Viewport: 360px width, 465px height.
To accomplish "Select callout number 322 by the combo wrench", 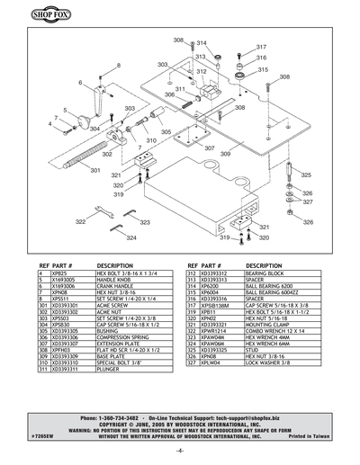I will (x=81, y=220).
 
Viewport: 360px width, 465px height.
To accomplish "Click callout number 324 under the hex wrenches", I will (x=131, y=238).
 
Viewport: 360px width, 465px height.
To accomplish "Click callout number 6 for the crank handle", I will (x=80, y=83).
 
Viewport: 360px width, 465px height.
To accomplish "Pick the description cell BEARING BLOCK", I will (x=265, y=273).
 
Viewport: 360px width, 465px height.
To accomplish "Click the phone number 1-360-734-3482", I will (x=115, y=419).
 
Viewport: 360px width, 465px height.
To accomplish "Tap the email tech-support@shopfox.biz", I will (x=253, y=419).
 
